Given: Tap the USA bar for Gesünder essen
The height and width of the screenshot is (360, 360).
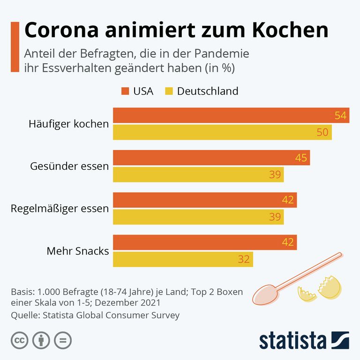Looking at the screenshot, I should click(x=211, y=157).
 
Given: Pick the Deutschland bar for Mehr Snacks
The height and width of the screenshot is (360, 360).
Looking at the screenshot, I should click(x=183, y=259).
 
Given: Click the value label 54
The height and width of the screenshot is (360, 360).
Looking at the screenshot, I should click(x=340, y=116).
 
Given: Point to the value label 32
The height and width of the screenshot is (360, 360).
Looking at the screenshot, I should click(x=244, y=259).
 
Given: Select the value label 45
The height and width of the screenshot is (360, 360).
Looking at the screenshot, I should click(x=301, y=158).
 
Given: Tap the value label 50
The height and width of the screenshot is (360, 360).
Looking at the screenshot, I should click(x=322, y=132).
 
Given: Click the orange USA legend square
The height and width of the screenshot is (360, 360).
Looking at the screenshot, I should click(x=125, y=91).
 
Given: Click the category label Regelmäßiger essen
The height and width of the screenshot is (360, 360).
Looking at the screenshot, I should click(x=60, y=209).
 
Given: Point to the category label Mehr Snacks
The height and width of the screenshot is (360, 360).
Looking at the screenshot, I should click(x=78, y=251).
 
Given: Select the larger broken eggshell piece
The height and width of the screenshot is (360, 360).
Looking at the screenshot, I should click(x=330, y=288).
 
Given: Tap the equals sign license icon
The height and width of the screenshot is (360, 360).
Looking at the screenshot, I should click(x=63, y=340).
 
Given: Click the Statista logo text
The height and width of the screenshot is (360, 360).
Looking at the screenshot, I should click(x=292, y=340).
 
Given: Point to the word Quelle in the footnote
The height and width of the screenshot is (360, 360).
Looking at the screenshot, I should click(x=24, y=315).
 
